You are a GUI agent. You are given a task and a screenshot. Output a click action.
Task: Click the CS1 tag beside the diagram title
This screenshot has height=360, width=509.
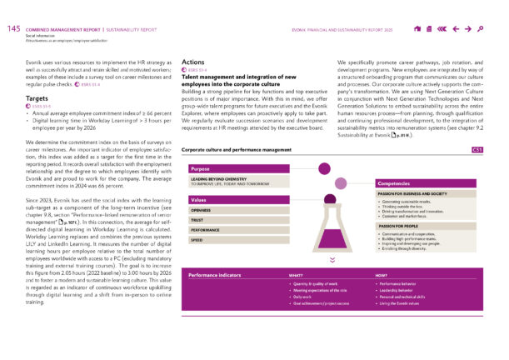click(478, 150)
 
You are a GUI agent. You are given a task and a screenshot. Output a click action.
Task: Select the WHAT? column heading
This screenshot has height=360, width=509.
click(295, 275)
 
